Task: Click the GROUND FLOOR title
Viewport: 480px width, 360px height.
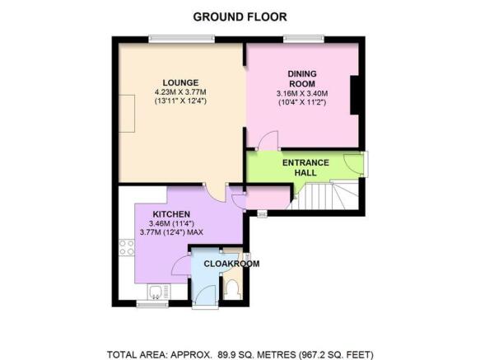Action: point(240,16)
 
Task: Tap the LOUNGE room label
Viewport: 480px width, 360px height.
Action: point(180,82)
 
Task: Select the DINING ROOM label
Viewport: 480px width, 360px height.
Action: point(302,79)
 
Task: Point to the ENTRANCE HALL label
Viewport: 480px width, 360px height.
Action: point(305,167)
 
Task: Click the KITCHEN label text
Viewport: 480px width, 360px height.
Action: point(171,214)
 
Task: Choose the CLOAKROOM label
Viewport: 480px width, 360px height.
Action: point(231,264)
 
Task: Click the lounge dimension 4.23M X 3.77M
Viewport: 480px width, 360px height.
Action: point(180,92)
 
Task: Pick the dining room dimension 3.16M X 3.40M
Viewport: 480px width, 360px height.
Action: point(302,93)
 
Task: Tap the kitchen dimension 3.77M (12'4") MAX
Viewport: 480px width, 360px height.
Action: point(171,232)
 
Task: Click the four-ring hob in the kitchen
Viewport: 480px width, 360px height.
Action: point(127,248)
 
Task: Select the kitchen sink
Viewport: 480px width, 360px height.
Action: point(159,292)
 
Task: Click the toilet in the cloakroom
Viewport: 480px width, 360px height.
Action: point(232,289)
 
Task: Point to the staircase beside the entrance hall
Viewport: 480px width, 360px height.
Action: point(324,195)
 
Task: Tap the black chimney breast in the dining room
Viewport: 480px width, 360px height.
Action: point(355,95)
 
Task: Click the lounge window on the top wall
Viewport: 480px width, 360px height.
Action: point(181,39)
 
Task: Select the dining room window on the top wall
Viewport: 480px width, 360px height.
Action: point(304,39)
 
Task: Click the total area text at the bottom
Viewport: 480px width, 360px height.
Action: point(240,354)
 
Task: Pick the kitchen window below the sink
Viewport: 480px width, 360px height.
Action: point(152,303)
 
